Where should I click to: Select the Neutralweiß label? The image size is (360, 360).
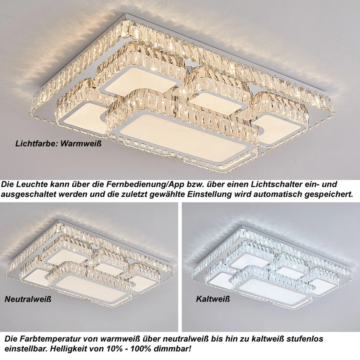click(x=28, y=299)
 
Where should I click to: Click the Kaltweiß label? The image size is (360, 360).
click(x=213, y=299)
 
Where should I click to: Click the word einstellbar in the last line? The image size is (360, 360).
click(x=21, y=349)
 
